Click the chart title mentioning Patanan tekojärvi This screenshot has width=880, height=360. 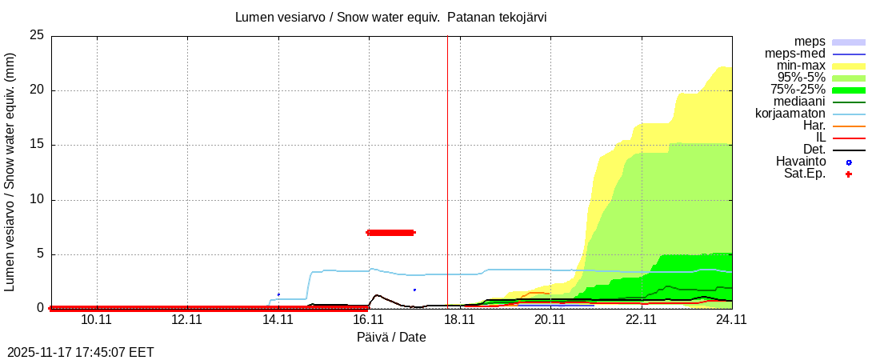pyautogui.click(x=391, y=18)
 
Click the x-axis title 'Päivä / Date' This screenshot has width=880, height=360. pyautogui.click(x=391, y=338)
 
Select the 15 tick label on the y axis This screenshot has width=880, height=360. pyautogui.click(x=36, y=146)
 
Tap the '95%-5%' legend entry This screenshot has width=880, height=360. pyautogui.click(x=798, y=78)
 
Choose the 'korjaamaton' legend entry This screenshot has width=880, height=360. pyautogui.click(x=790, y=114)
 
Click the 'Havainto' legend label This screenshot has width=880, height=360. pyautogui.click(x=801, y=162)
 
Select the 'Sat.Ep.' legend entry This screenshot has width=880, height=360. pyautogui.click(x=805, y=174)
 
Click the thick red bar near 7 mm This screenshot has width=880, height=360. pyautogui.click(x=390, y=233)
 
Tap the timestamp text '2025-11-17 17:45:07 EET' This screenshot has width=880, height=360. pyautogui.click(x=81, y=352)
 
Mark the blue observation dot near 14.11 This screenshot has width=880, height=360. pyautogui.click(x=278, y=294)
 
